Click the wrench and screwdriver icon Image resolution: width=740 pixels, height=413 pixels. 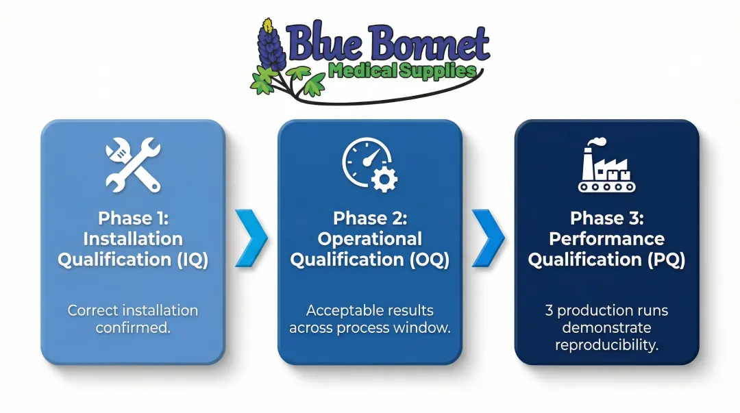pos(133,164)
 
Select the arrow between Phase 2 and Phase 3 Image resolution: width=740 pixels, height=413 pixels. pos(488,238)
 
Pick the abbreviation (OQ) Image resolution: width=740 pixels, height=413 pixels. pos(428,260)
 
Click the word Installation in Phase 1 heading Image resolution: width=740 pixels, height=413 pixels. pos(133,239)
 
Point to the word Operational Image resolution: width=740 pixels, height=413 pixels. pos(370,239)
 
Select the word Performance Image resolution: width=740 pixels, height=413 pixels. pos(606,239)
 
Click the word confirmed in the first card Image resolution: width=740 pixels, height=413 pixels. pos(133,327)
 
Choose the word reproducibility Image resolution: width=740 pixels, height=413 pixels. pos(606,345)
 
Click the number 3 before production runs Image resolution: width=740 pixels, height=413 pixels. pos(549,310)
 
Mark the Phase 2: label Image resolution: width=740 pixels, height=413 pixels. pos(370,218)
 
